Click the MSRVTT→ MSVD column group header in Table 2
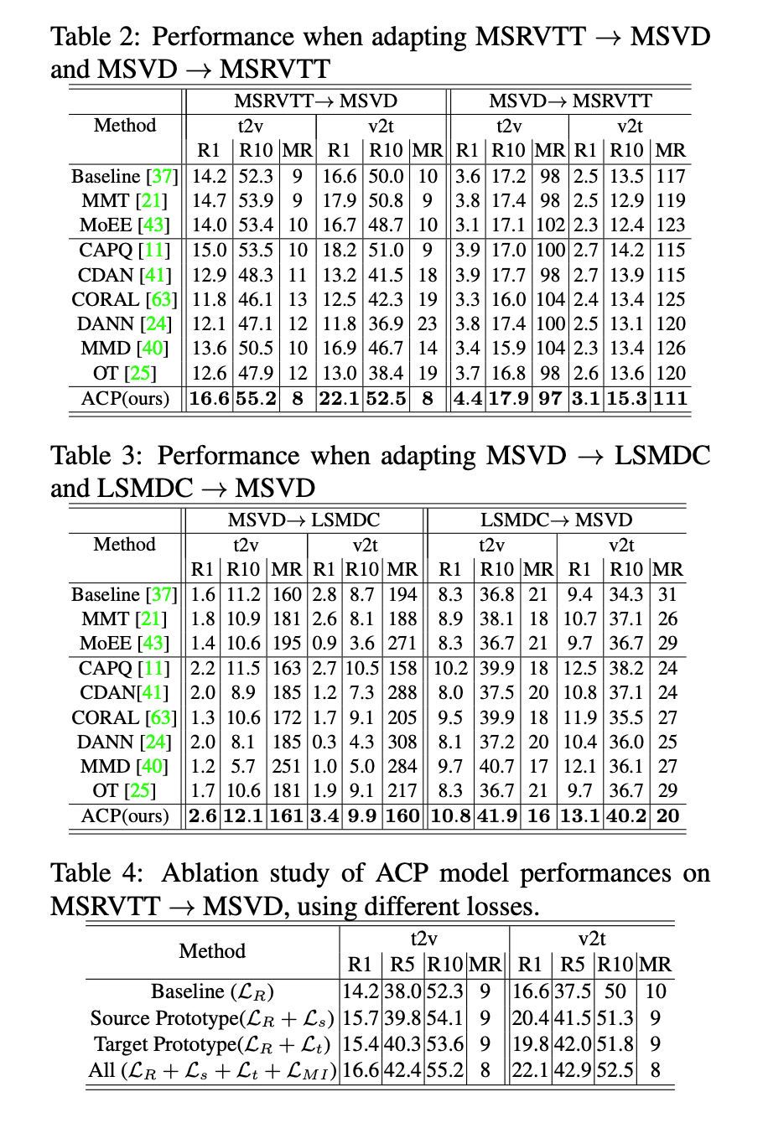[x=315, y=101]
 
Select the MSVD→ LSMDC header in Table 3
[x=304, y=520]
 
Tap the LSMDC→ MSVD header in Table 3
[x=556, y=520]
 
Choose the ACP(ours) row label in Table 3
[x=125, y=815]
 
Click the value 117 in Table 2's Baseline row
[x=671, y=176]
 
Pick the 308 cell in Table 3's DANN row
[x=402, y=742]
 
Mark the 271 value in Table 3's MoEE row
[x=402, y=643]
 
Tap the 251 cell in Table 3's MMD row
[x=287, y=766]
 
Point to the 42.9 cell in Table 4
[x=573, y=1070]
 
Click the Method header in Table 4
[x=212, y=951]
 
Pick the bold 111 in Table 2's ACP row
[x=671, y=398]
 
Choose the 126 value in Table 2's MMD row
[x=671, y=348]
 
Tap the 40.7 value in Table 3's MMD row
[x=496, y=766]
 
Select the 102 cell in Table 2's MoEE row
[x=551, y=225]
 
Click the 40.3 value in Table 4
[x=405, y=1044]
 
